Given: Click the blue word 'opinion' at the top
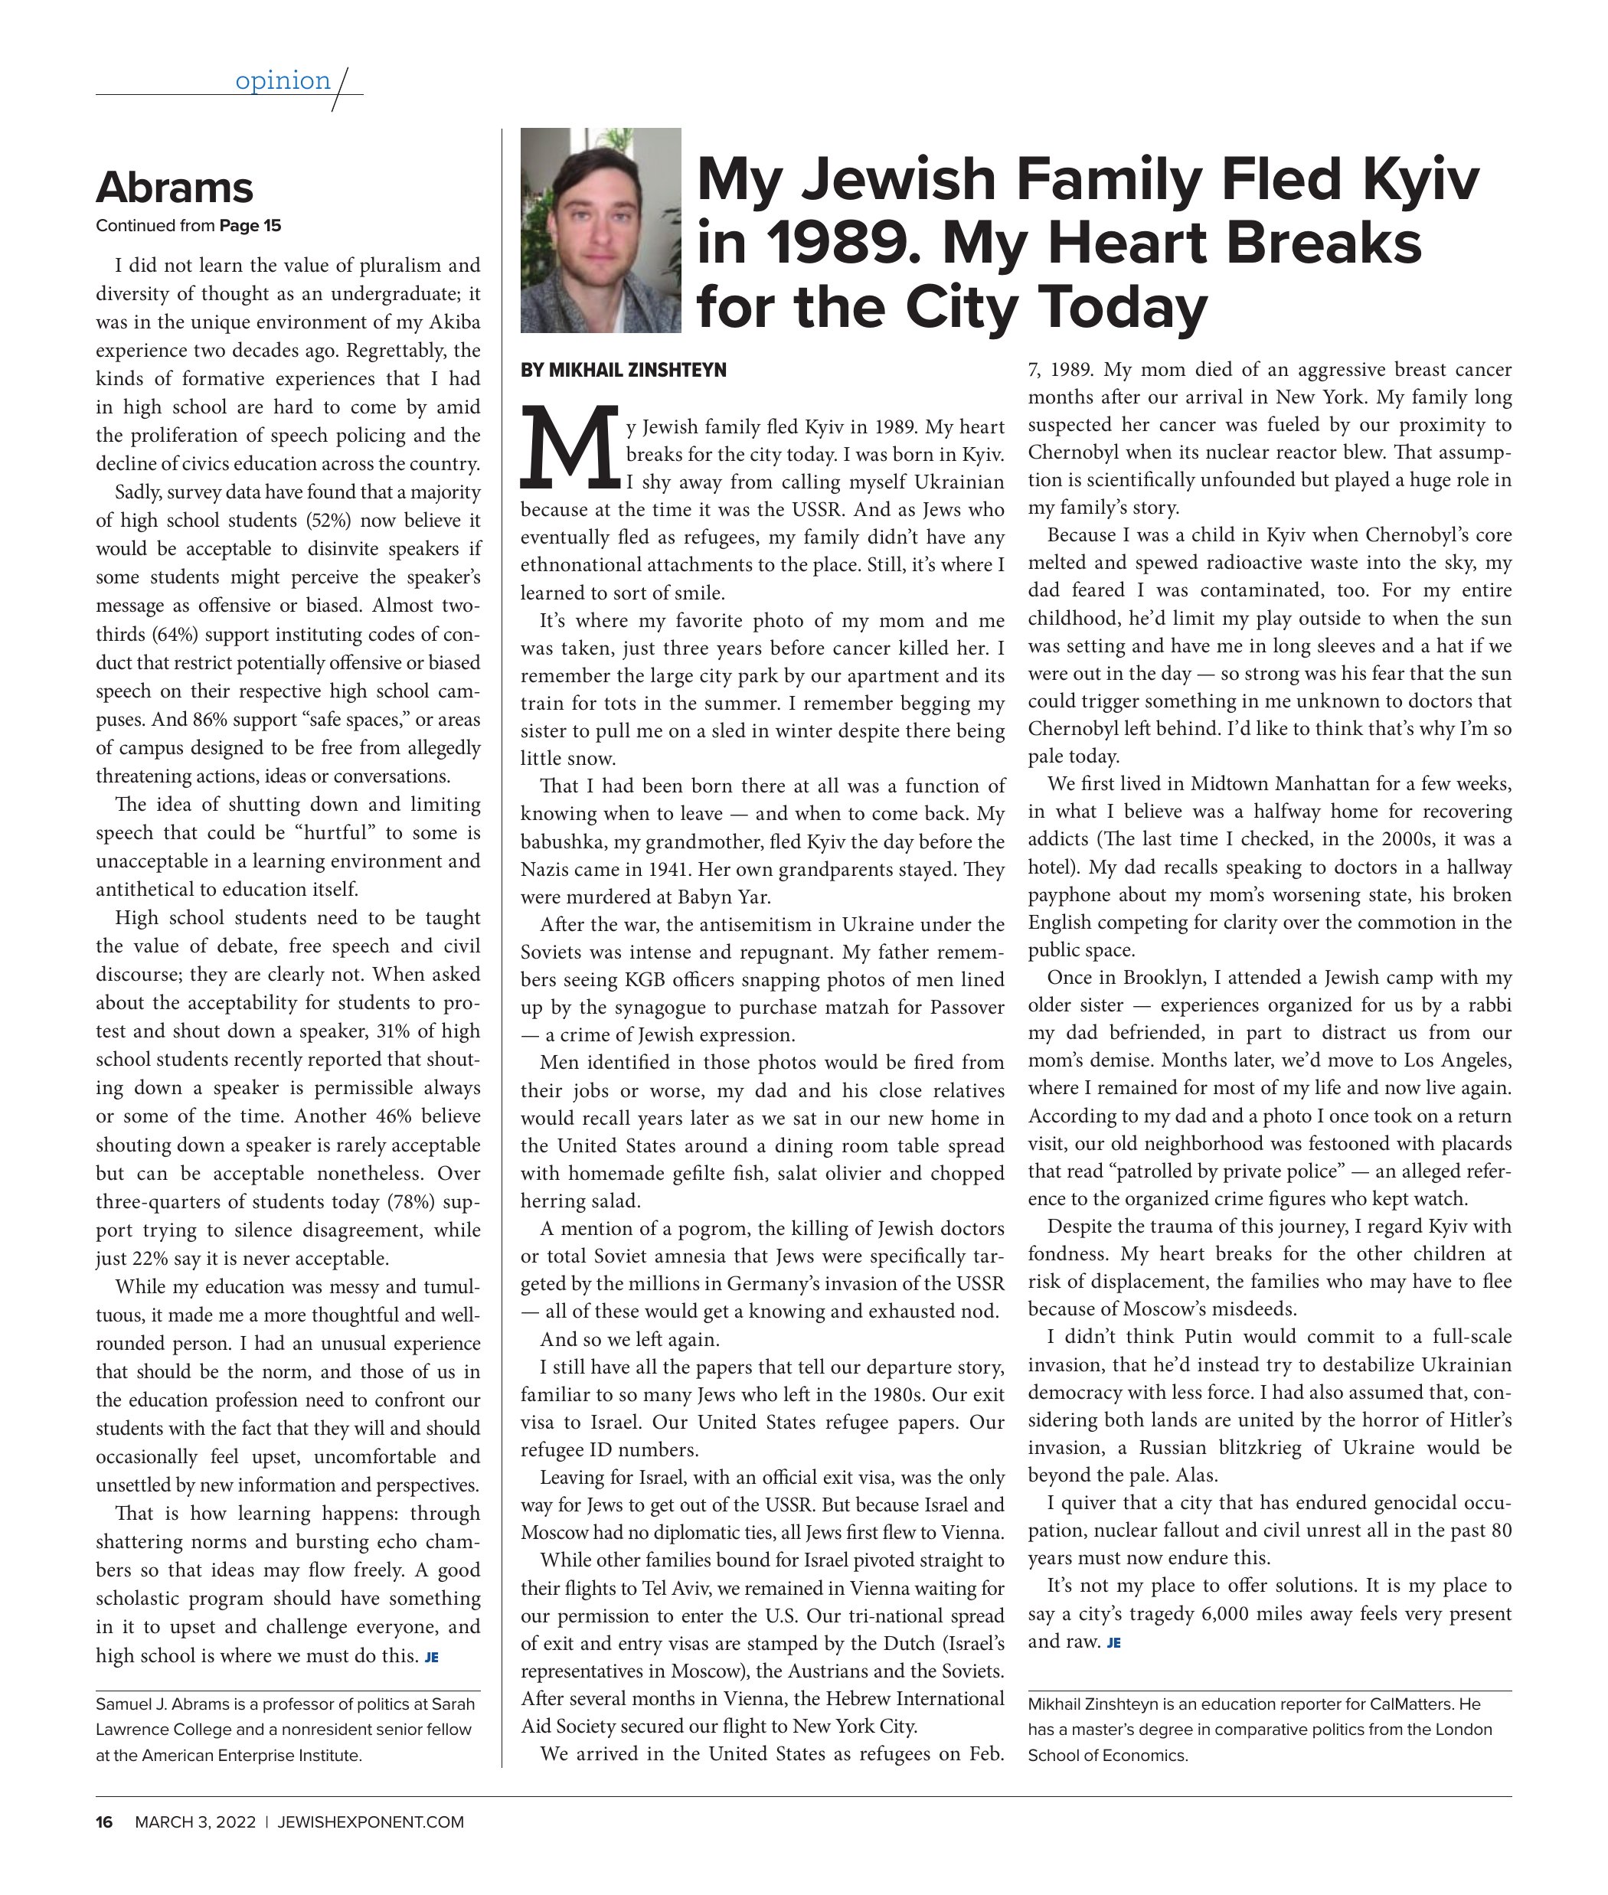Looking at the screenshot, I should (283, 81).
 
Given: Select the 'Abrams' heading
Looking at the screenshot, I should (174, 188).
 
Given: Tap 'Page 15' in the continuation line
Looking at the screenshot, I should (250, 226).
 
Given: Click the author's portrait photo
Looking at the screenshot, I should (601, 230).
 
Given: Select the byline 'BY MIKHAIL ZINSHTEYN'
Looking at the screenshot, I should (623, 370).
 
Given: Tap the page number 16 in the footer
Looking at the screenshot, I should (105, 1822).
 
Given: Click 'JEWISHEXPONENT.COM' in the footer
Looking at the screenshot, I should (370, 1822).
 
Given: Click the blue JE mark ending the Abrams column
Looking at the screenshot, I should (432, 1657).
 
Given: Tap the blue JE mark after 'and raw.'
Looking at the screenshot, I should (1114, 1642).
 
